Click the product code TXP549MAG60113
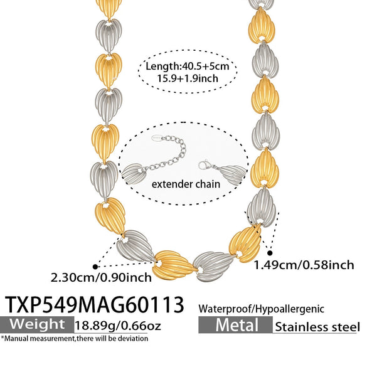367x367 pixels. point(94,304)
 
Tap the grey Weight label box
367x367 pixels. point(37,324)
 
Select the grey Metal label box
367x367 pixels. point(235,324)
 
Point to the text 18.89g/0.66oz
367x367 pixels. point(118,325)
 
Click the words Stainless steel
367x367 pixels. point(317,327)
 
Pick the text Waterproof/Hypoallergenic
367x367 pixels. point(261,309)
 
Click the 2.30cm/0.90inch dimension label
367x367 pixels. point(101,277)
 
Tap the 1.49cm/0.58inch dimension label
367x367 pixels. point(304,265)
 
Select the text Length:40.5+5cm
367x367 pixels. point(187,66)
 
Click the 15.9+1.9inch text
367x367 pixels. point(187,78)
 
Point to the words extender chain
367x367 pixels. point(186,184)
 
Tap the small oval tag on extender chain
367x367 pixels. point(157,138)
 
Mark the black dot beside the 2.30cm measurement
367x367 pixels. point(95,267)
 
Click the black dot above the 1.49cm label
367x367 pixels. point(270,253)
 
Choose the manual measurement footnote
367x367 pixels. point(75,338)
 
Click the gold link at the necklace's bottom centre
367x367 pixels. point(174,265)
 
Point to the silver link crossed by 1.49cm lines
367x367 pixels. point(262,208)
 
